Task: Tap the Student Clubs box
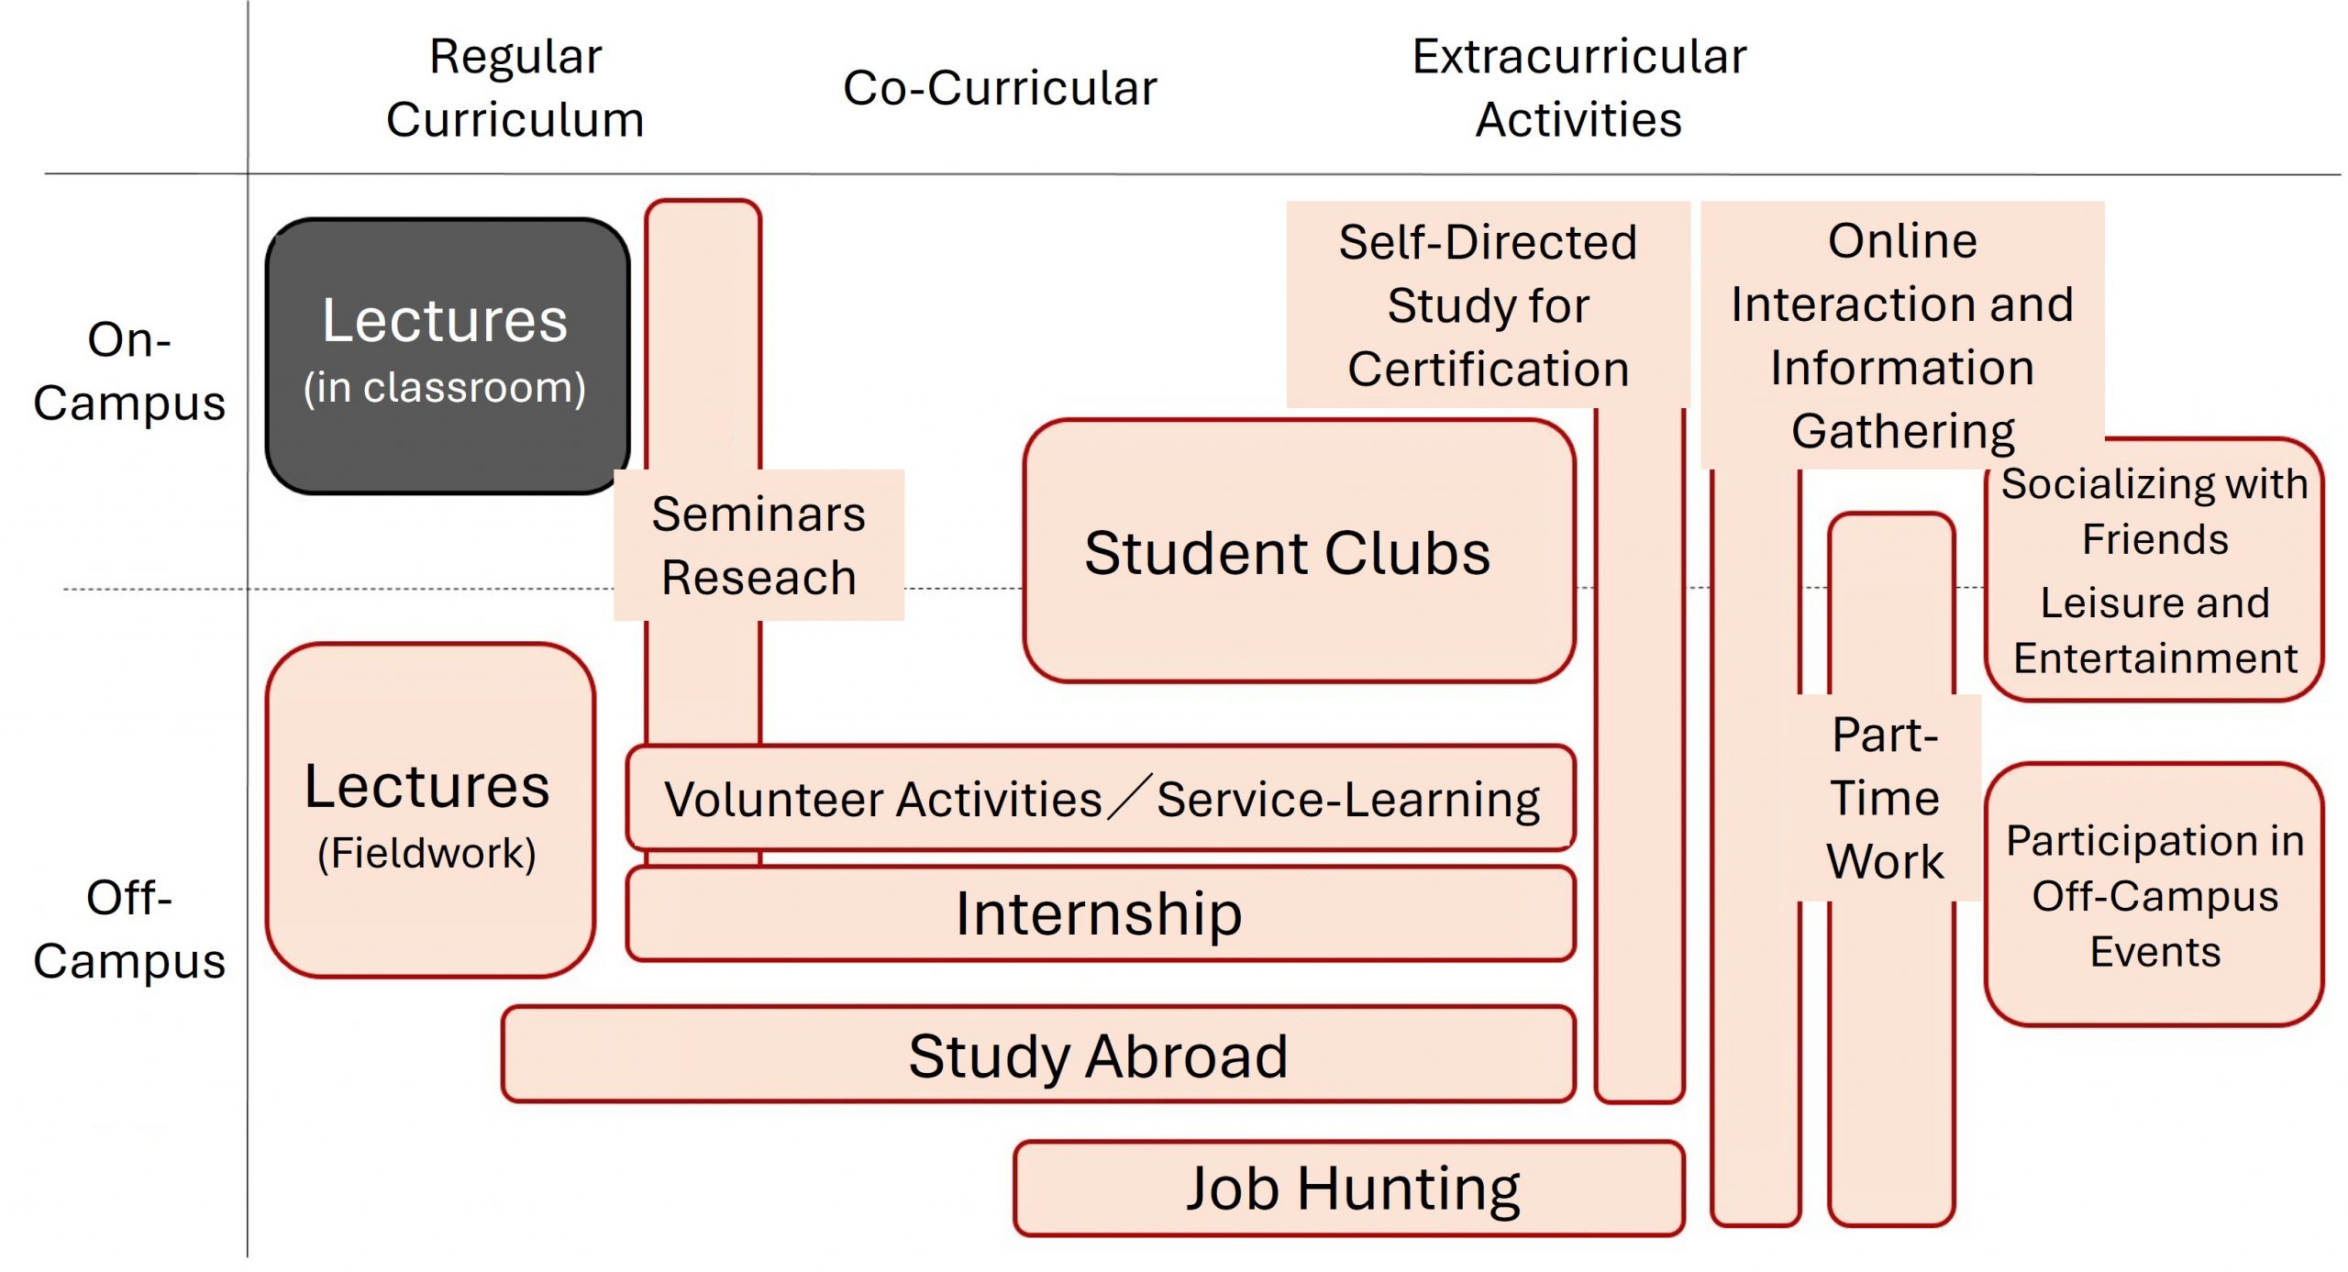point(1297,552)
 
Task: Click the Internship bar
point(1099,913)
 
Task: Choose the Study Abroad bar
point(1099,1055)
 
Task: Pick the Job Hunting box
point(1350,1189)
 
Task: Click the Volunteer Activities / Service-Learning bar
point(1101,799)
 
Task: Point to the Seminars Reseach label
point(759,545)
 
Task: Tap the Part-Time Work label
point(1885,798)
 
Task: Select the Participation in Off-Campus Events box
point(2154,895)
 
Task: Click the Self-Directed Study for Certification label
point(1488,304)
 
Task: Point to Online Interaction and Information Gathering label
point(1902,336)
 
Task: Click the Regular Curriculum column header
point(515,88)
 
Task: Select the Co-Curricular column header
point(1000,88)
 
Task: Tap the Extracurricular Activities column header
point(1578,88)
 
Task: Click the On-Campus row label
point(129,371)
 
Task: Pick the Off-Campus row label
point(129,928)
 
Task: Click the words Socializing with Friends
point(2154,511)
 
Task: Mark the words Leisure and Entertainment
point(2154,630)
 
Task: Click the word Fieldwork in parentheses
point(426,853)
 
